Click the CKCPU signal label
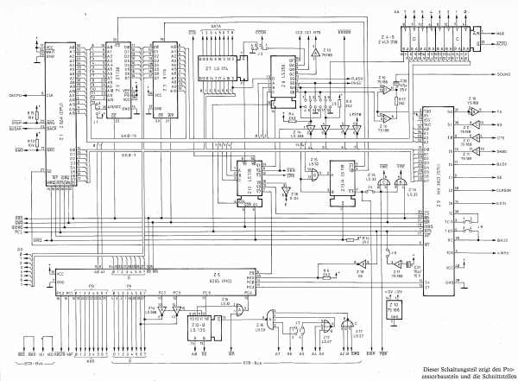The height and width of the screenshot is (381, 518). tap(16, 93)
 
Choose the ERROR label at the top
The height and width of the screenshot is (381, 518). tap(344, 32)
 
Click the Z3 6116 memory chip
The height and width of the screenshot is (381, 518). tap(163, 82)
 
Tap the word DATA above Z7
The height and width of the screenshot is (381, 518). tap(218, 27)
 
